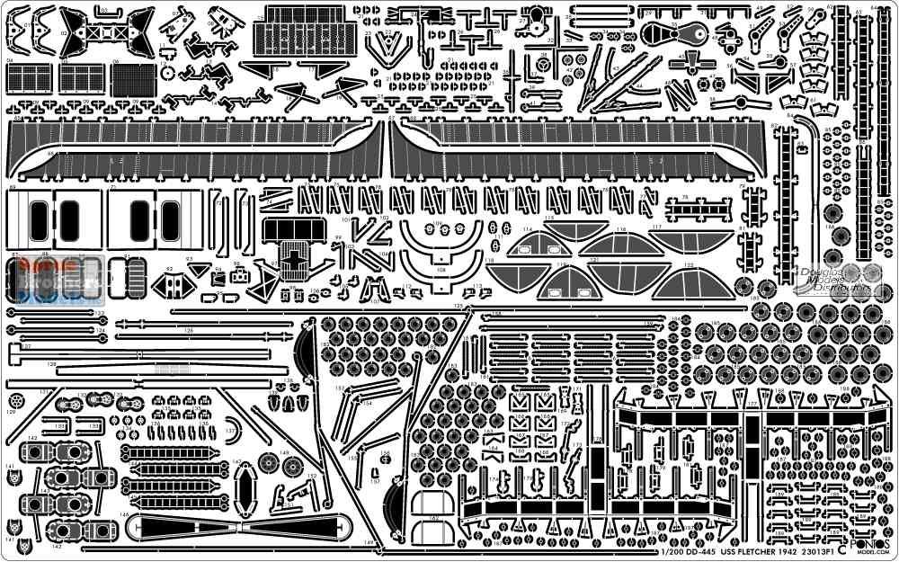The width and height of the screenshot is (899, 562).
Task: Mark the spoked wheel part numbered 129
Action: click(15, 398)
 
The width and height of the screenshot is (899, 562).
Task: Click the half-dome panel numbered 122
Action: click(691, 281)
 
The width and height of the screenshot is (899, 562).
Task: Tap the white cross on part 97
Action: click(293, 256)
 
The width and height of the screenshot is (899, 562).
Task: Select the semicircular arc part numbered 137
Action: click(232, 429)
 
